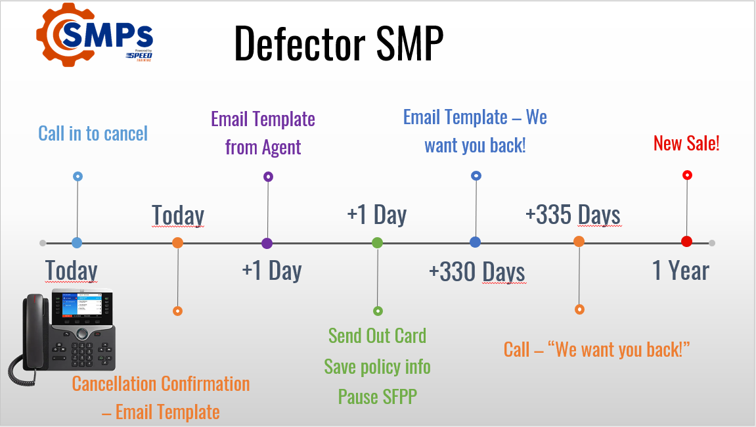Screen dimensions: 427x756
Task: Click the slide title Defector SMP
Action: (338, 44)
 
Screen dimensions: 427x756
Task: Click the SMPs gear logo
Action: (94, 35)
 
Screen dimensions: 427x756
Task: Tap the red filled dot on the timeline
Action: (686, 242)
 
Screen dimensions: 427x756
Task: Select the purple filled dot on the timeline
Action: (267, 243)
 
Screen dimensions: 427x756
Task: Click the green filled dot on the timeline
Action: (377, 242)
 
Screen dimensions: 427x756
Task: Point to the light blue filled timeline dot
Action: (77, 242)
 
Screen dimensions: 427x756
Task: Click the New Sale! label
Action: (686, 143)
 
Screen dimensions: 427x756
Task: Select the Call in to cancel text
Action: (93, 133)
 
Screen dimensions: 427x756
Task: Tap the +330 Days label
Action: (476, 271)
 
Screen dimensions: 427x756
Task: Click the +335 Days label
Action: (573, 215)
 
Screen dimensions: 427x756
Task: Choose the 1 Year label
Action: (680, 271)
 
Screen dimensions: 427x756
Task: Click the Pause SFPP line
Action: (377, 396)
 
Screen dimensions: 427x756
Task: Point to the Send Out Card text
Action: (377, 335)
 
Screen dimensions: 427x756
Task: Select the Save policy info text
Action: (377, 366)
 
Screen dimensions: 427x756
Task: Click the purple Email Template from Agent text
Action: (263, 133)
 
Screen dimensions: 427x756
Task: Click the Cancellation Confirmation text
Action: (161, 384)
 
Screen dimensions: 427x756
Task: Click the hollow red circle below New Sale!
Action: (687, 175)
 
